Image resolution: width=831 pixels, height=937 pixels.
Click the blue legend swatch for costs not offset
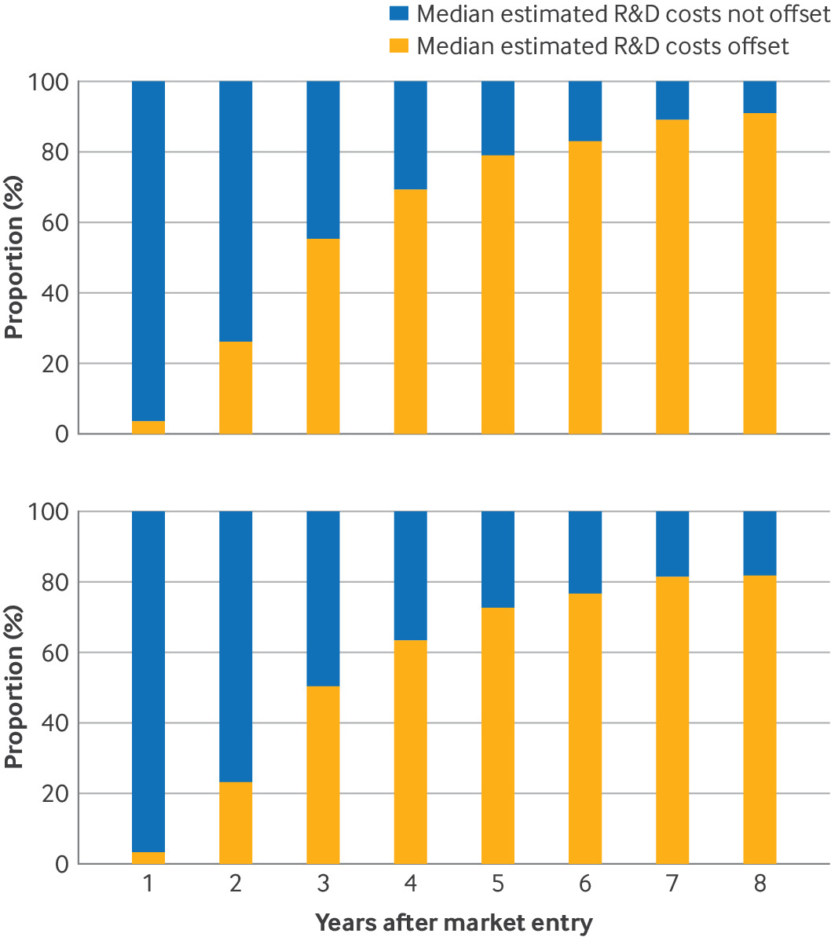398,13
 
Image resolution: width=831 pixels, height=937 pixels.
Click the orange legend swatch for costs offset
398,46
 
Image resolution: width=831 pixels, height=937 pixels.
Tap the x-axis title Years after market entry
454,922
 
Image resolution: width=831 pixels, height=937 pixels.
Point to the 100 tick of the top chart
49,82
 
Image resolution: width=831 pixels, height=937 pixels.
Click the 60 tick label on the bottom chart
56,653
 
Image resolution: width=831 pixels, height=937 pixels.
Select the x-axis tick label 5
498,884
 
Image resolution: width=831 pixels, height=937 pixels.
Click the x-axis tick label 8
760,884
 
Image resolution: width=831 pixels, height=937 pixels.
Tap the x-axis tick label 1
148,884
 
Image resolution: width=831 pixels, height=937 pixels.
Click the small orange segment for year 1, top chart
148,427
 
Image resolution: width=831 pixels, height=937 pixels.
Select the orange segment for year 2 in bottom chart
236,823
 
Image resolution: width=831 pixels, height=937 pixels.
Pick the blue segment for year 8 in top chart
760,97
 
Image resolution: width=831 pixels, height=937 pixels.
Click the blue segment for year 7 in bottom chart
672,544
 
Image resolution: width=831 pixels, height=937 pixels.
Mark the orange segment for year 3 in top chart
323,336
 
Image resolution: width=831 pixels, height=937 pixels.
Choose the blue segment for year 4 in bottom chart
411,576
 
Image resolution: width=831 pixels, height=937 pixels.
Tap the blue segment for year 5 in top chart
498,119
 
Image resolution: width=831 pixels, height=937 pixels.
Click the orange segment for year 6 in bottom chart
585,728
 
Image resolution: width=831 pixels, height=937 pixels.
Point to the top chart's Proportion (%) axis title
13,258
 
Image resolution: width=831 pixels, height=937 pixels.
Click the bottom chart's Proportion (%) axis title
13,687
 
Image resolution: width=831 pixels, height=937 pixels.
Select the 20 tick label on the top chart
56,364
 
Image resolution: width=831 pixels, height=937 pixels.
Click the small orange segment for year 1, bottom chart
148,858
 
